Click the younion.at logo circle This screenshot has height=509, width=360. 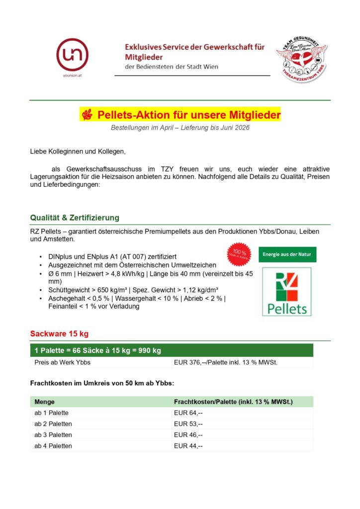pyautogui.click(x=72, y=54)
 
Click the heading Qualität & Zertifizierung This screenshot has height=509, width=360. pyautogui.click(x=75, y=218)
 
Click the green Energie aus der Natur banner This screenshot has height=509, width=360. pyautogui.click(x=287, y=254)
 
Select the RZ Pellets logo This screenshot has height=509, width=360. pyautogui.click(x=287, y=292)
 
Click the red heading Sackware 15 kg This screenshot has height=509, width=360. pyautogui.click(x=60, y=333)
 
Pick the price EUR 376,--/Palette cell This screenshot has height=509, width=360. pyautogui.click(x=225, y=362)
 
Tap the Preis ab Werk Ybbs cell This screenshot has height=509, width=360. pyautogui.click(x=62, y=362)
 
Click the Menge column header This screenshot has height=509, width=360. pyautogui.click(x=45, y=402)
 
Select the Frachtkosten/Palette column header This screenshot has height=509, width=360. pyautogui.click(x=233, y=402)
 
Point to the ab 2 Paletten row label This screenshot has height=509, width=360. pyautogui.click(x=53, y=424)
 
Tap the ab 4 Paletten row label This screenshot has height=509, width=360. pyautogui.click(x=53, y=446)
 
